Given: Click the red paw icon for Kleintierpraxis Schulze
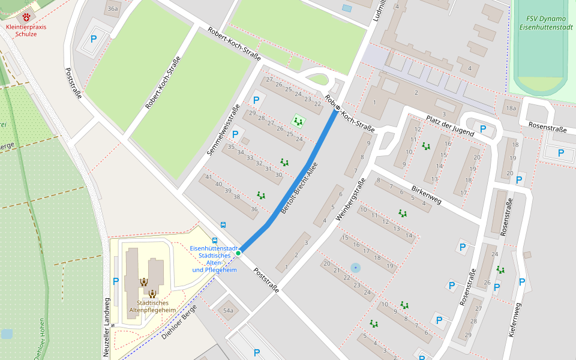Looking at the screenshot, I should [26, 17].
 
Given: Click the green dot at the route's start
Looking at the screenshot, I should [238, 253].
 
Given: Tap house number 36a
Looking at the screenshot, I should [112, 9].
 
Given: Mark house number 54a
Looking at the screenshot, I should [227, 310].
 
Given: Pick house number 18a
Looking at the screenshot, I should [510, 109].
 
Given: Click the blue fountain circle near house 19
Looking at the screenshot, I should [356, 267].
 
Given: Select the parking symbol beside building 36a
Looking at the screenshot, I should [93, 40].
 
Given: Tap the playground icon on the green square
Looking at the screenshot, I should [298, 121].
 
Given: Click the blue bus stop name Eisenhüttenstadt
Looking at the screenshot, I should [214, 248].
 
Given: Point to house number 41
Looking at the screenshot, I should [208, 176].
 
